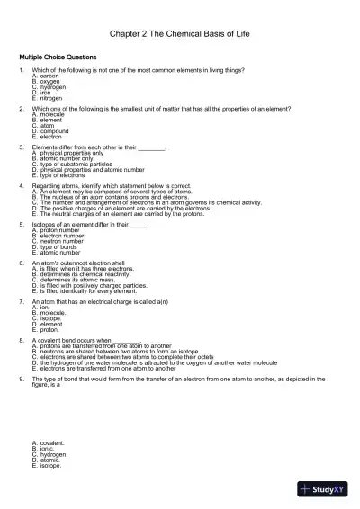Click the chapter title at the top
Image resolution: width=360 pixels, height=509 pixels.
pyautogui.click(x=179, y=33)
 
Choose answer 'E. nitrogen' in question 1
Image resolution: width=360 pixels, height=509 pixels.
pyautogui.click(x=47, y=98)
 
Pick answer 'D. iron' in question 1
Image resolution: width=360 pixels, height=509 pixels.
pyautogui.click(x=41, y=93)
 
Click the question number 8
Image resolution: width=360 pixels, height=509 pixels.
pyautogui.click(x=21, y=341)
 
